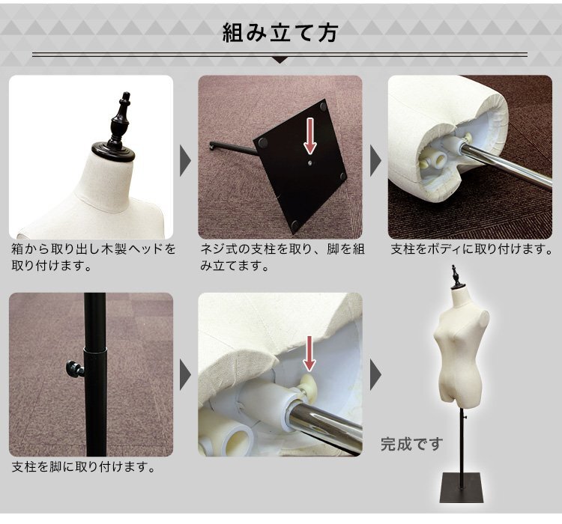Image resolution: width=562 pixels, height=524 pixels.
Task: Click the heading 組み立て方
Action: (280, 33)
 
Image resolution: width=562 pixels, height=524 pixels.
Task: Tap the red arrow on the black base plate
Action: (309, 135)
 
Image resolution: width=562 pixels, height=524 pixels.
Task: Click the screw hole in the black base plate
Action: (309, 159)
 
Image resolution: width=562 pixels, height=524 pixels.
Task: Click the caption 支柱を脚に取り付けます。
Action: (83, 468)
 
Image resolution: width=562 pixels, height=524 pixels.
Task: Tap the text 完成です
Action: (411, 444)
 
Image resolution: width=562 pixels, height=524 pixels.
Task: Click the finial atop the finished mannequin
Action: (454, 276)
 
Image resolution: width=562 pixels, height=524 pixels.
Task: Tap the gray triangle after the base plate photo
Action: (375, 157)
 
